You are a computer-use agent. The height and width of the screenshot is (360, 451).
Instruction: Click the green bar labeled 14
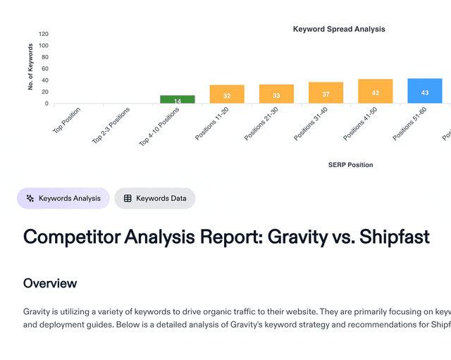tap(178, 99)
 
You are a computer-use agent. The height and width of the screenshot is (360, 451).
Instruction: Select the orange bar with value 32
tap(227, 94)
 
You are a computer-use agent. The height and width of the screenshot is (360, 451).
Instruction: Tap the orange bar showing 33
tap(276, 94)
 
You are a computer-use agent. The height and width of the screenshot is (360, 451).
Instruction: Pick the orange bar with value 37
tap(326, 93)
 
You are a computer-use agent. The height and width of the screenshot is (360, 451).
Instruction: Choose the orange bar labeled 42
tap(375, 92)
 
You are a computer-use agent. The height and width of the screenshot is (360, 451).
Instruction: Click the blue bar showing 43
tap(425, 91)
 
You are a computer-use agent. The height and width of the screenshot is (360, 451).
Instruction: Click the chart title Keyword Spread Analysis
tap(339, 29)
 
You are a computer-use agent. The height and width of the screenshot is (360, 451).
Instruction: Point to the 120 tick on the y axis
tap(44, 34)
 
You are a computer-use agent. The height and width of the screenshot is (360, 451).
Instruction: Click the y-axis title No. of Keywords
tap(31, 67)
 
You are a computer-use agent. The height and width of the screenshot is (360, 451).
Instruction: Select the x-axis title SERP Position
tap(350, 165)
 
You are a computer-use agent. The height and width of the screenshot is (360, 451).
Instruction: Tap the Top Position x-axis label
tap(68, 120)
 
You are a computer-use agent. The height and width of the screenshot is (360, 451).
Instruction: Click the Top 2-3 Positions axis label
tap(112, 125)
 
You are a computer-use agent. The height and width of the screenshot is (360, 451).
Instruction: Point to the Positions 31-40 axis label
tap(311, 123)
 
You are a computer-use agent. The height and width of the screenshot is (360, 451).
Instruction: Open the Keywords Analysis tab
tap(63, 199)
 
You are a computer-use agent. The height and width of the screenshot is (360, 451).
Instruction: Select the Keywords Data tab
tap(155, 199)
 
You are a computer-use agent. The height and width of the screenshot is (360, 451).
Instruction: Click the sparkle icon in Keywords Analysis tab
tap(30, 199)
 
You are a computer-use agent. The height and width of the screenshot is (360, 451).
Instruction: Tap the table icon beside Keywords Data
tap(128, 199)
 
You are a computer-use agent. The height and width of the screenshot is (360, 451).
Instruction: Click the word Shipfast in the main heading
tap(394, 237)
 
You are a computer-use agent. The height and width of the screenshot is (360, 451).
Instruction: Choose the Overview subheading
tap(50, 283)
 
